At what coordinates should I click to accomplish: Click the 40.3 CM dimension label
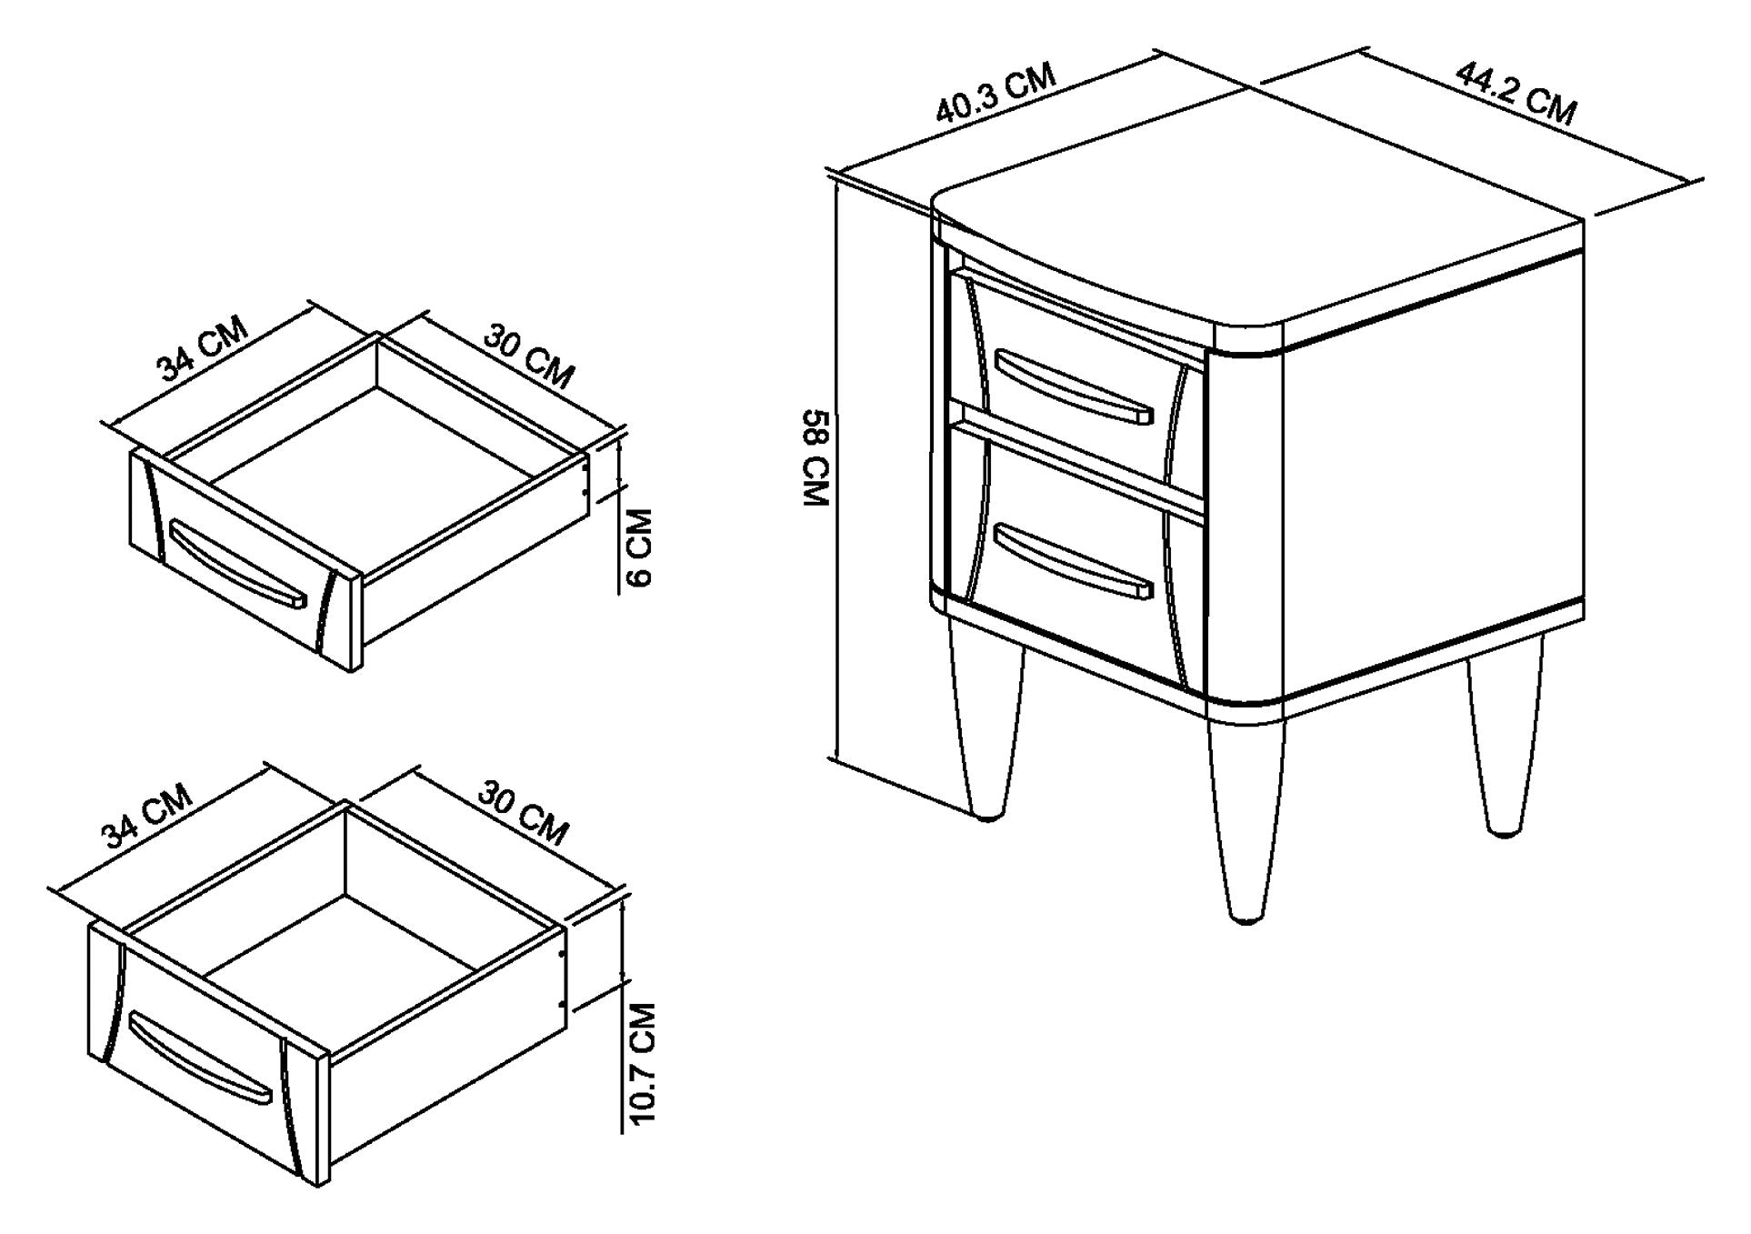click(996, 93)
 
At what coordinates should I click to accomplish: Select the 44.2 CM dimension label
click(1516, 92)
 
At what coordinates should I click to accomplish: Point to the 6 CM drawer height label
click(639, 547)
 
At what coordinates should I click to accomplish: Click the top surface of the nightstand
click(1260, 242)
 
